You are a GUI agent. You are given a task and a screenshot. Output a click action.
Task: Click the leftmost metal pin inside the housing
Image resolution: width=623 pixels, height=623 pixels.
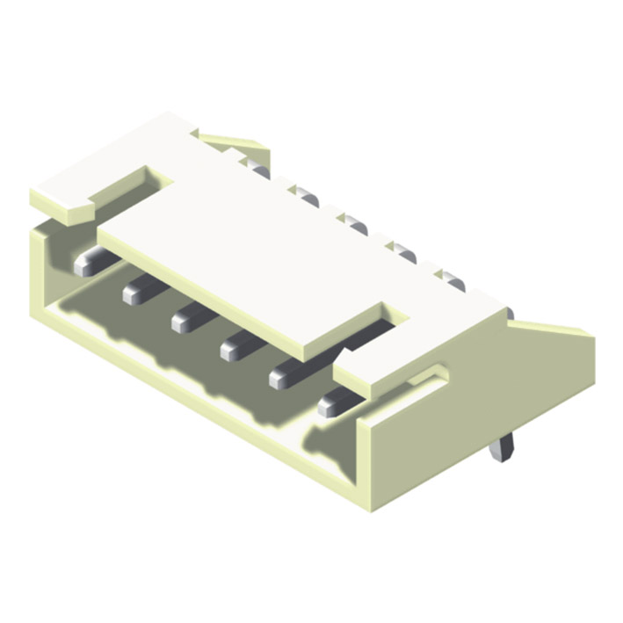pos(87,262)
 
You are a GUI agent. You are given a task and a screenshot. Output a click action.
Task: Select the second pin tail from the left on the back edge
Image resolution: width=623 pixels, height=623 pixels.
pos(305,194)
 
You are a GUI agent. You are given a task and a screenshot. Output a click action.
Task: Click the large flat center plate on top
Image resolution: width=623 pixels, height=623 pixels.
pos(255,264)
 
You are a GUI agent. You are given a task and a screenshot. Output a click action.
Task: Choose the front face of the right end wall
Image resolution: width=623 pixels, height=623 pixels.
pos(369,466)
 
